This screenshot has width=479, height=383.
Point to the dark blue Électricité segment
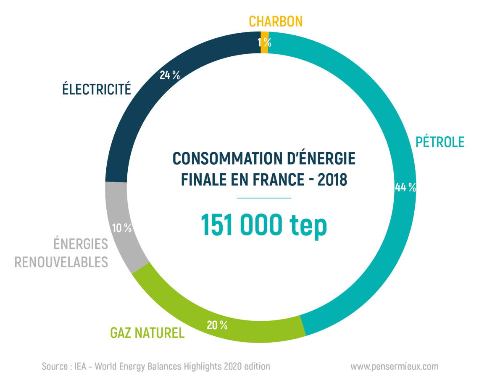click(x=126, y=126)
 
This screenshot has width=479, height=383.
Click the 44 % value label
click(x=405, y=188)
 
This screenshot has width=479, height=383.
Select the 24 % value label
click(x=170, y=76)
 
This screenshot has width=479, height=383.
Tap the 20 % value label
click(x=217, y=325)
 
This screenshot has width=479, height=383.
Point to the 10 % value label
click(x=122, y=228)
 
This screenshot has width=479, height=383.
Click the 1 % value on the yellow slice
click(x=265, y=42)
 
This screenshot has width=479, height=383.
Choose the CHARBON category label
click(x=276, y=21)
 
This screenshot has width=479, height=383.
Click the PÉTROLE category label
click(x=440, y=142)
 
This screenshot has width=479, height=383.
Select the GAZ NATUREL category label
click(x=147, y=333)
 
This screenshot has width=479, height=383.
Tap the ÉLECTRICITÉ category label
click(x=97, y=89)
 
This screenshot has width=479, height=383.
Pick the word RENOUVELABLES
click(x=61, y=262)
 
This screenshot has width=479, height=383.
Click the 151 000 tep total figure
click(x=264, y=225)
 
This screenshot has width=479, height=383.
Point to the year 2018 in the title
click(x=332, y=180)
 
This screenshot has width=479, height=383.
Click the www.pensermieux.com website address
click(x=394, y=367)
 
